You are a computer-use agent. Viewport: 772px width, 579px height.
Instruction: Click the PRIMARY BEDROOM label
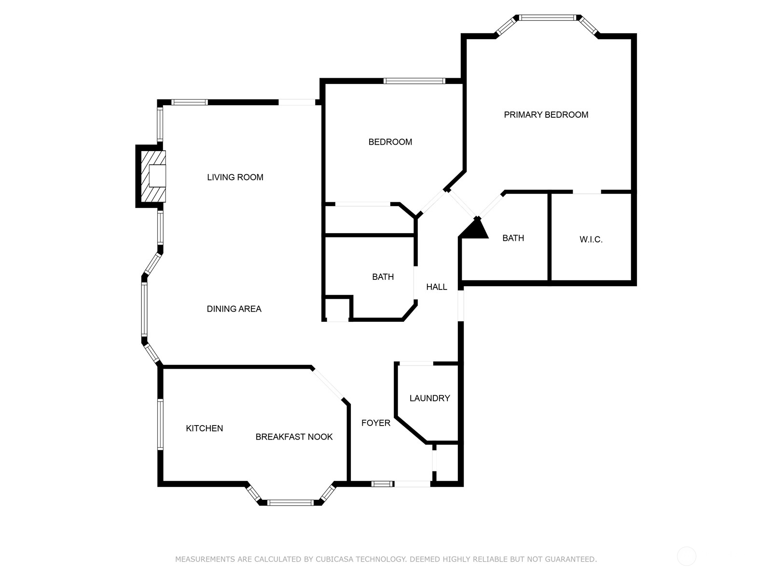(x=546, y=115)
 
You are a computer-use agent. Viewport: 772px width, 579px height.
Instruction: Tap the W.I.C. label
(x=591, y=239)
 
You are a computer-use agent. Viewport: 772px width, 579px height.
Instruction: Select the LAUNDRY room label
(x=429, y=398)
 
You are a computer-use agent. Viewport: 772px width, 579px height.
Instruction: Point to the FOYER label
(x=376, y=423)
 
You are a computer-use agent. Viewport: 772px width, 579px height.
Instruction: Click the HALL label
(x=436, y=287)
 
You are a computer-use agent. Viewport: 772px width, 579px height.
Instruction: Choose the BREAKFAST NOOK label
(x=294, y=437)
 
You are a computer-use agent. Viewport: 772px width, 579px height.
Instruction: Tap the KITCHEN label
(x=205, y=428)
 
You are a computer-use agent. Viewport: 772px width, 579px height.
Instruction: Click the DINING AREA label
(x=234, y=309)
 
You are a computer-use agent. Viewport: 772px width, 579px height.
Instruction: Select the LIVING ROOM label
(x=235, y=178)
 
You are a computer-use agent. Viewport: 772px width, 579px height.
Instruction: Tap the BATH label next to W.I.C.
(x=513, y=238)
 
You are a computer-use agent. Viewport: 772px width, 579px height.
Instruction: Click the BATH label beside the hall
(x=383, y=277)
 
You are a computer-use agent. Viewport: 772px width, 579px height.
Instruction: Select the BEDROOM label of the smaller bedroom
(x=390, y=142)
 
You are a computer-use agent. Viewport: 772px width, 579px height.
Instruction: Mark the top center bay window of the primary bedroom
(x=548, y=18)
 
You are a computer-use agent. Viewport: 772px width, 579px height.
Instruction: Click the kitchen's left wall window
(x=160, y=425)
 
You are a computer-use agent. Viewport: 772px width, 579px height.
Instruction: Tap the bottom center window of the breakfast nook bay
(x=290, y=503)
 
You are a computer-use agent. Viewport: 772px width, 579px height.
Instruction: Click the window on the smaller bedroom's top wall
(x=414, y=81)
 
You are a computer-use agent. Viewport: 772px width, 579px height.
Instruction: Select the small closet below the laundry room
(x=447, y=462)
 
